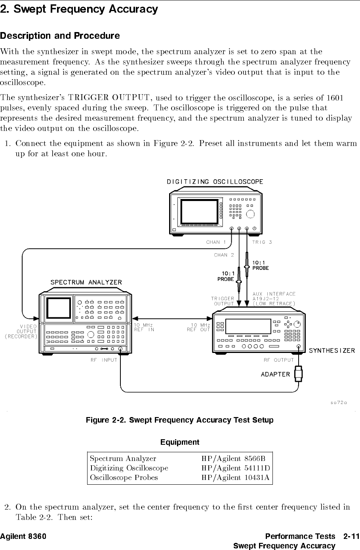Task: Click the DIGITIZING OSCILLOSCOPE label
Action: point(215,182)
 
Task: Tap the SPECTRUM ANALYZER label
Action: point(86,283)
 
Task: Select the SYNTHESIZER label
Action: point(332,351)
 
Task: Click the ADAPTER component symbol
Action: point(298,374)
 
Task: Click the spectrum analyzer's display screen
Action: point(59,308)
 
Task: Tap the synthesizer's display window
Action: point(248,326)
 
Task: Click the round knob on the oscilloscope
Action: point(250,214)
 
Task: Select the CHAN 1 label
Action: point(216,242)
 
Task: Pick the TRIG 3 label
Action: point(262,242)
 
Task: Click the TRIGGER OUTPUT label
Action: point(223,301)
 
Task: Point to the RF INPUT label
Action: point(104,360)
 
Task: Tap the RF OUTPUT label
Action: point(279,360)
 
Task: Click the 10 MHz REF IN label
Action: point(144,327)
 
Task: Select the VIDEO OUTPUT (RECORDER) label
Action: point(21,332)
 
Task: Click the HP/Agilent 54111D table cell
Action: point(236,468)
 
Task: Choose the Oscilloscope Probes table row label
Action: point(124,478)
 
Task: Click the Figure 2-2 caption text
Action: point(180,420)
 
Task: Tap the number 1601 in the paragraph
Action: point(335,98)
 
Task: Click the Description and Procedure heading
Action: point(60,36)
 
